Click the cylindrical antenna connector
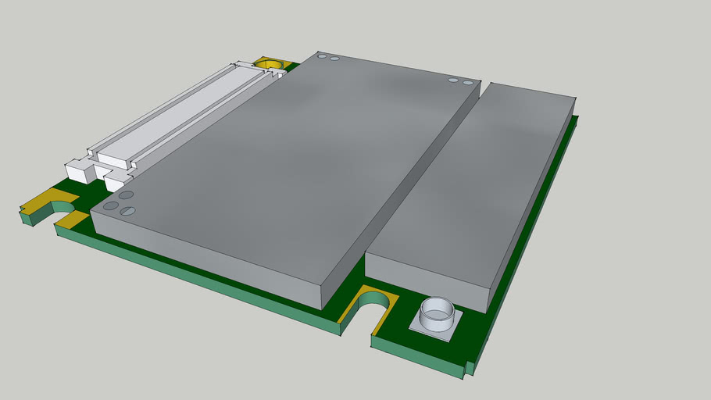[437, 315]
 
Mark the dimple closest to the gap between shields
[468, 83]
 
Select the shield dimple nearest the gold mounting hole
[320, 56]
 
